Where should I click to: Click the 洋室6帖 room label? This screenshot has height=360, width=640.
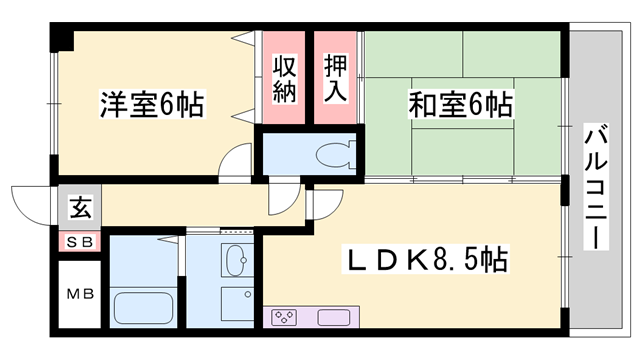click(x=151, y=104)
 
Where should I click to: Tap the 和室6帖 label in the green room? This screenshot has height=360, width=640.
click(x=461, y=104)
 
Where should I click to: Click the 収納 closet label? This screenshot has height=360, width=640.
click(x=285, y=78)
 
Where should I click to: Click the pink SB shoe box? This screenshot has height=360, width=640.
click(x=79, y=241)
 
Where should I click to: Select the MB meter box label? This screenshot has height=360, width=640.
click(x=80, y=296)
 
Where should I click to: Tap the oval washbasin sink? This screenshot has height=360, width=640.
click(x=237, y=262)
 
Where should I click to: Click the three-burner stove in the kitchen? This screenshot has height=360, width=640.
click(x=283, y=319)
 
